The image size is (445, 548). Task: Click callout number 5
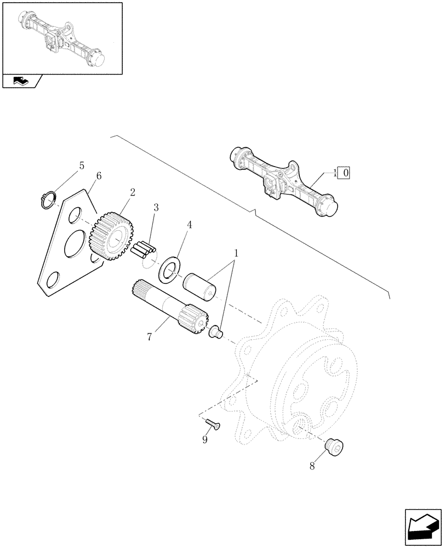(82, 165)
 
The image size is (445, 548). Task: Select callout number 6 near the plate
(99, 176)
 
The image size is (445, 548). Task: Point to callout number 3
(156, 208)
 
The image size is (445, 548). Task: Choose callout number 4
(189, 225)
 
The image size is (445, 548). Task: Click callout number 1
(236, 254)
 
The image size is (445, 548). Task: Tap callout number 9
(205, 439)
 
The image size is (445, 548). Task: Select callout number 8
(312, 467)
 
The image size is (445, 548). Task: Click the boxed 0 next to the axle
(346, 173)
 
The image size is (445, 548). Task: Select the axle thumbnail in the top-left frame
(62, 37)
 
